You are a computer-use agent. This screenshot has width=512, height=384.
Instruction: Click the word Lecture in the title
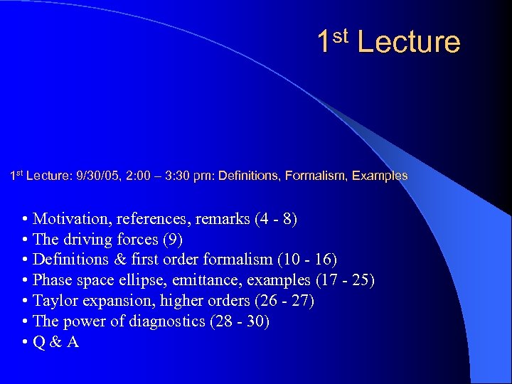[409, 42]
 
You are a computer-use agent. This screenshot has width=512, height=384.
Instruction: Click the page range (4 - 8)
[275, 219]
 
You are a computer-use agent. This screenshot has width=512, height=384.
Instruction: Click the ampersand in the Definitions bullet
[114, 260]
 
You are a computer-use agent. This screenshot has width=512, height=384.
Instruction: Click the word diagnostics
[166, 322]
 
